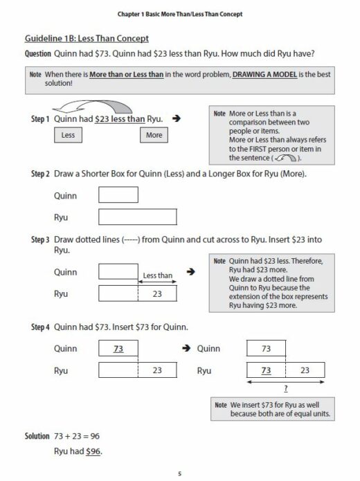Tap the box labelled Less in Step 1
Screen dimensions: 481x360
click(x=68, y=136)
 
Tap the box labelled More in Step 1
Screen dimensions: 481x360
click(x=154, y=136)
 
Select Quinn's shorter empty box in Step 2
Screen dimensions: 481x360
click(x=118, y=196)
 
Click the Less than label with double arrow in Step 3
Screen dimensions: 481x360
click(x=157, y=275)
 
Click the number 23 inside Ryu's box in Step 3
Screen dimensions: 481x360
click(x=157, y=294)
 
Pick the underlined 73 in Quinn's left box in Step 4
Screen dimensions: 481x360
click(x=118, y=349)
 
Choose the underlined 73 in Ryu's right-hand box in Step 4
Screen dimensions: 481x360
click(x=266, y=370)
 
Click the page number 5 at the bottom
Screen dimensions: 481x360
click(x=179, y=473)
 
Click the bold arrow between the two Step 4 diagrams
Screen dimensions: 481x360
click(x=185, y=349)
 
